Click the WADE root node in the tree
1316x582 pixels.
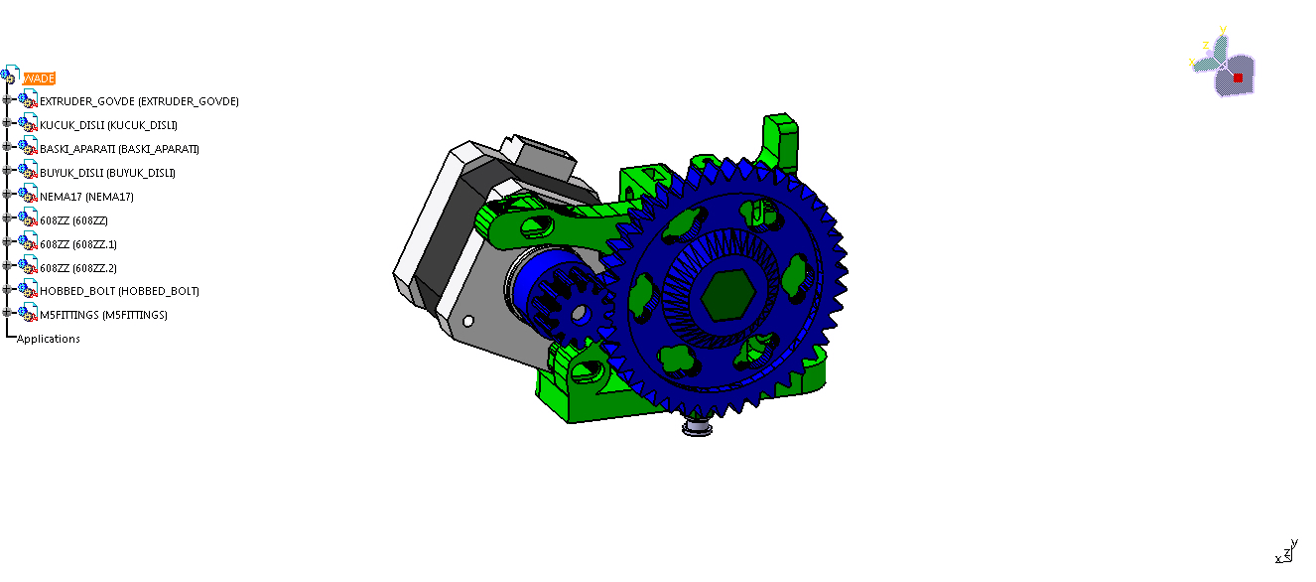[x=40, y=78]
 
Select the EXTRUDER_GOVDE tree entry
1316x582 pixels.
[x=139, y=101]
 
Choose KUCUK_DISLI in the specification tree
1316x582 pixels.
[x=108, y=125]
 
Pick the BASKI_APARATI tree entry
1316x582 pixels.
[x=119, y=149]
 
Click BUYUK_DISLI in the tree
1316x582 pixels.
[x=107, y=173]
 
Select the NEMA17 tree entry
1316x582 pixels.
[x=86, y=197]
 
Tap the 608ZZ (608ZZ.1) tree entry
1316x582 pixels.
[x=78, y=244]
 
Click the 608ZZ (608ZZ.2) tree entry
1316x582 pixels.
[x=78, y=268]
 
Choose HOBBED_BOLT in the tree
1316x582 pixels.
[x=119, y=291]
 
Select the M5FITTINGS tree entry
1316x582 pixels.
[x=103, y=315]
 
